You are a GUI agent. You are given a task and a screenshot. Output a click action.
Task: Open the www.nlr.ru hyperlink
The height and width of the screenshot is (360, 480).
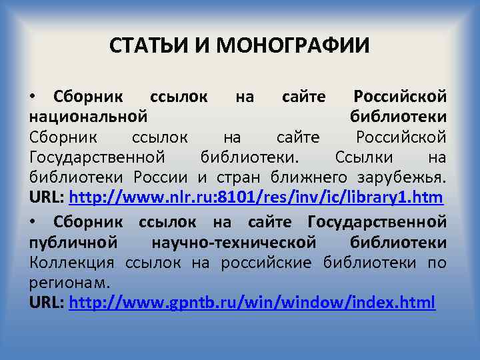[257, 198]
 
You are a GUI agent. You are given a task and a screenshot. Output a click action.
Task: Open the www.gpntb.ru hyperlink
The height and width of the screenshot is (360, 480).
[252, 302]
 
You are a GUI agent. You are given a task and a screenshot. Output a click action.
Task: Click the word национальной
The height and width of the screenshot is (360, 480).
[88, 117]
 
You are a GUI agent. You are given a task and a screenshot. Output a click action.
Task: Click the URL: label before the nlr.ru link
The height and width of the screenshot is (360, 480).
[47, 198]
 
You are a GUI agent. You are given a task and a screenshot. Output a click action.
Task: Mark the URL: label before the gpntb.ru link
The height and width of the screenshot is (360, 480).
[47, 302]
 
